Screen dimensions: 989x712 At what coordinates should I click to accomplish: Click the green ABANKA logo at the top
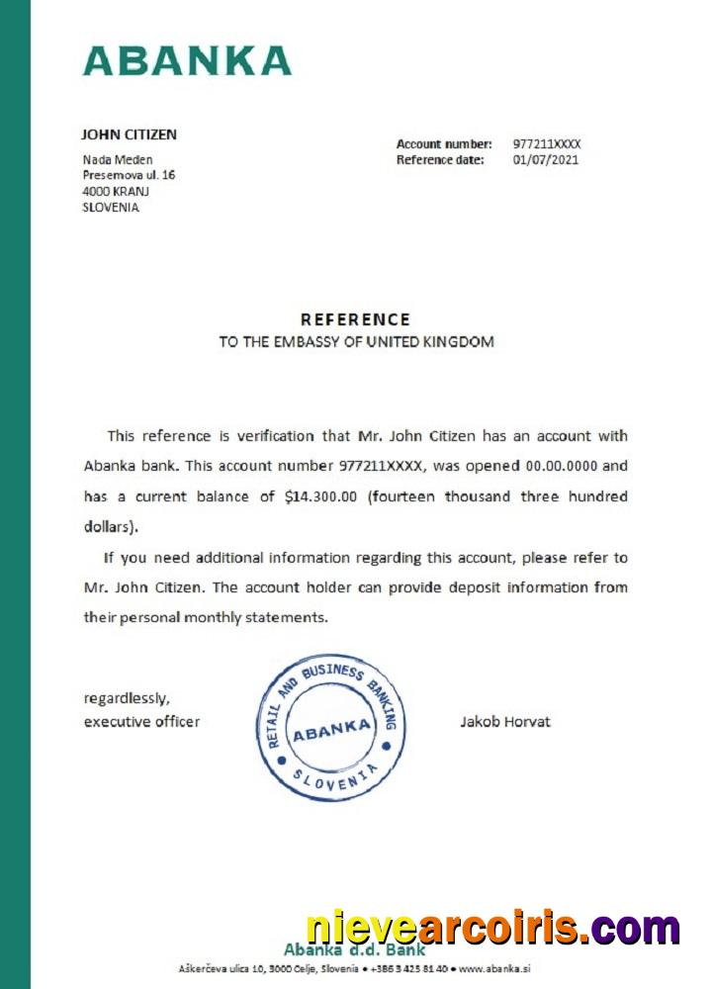click(187, 60)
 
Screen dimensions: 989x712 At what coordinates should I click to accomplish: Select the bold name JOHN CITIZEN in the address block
click(129, 135)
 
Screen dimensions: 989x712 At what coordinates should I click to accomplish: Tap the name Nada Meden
click(117, 160)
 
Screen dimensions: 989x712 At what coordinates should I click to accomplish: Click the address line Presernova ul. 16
click(129, 175)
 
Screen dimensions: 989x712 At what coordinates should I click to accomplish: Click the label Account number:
click(444, 144)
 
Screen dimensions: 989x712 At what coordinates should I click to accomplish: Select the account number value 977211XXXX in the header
click(547, 144)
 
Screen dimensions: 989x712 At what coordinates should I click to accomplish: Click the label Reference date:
click(440, 159)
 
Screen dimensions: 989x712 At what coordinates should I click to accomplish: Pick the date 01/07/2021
click(545, 159)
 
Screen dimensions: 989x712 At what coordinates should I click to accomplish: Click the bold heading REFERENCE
click(355, 319)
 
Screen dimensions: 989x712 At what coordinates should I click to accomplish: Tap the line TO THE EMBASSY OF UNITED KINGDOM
click(356, 342)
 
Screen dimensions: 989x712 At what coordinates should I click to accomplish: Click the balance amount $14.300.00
click(319, 496)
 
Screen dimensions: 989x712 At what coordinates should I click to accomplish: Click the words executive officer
click(141, 722)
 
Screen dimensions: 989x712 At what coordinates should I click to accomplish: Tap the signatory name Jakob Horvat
click(505, 722)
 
